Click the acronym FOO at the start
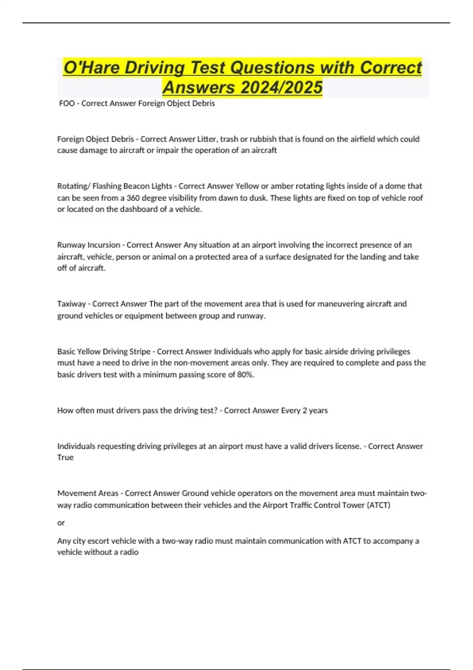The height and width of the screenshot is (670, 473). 67,103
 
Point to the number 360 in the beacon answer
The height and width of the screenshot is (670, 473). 134,198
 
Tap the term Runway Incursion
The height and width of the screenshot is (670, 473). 89,245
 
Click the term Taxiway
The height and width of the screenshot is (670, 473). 71,304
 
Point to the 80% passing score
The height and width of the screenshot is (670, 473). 245,374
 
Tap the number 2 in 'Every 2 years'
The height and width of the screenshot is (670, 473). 305,410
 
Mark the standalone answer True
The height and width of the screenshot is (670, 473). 65,458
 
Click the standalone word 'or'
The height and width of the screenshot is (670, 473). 61,523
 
